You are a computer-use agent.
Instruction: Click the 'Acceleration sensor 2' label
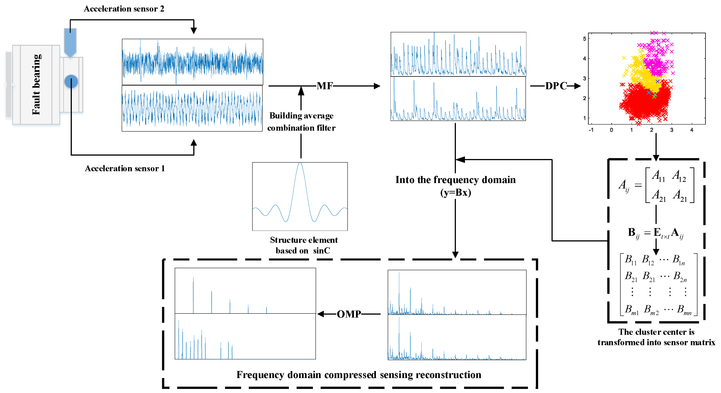pyautogui.click(x=124, y=9)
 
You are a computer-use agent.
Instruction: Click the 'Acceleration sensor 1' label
pyautogui.click(x=125, y=168)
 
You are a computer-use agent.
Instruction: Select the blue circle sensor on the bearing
pyautogui.click(x=71, y=81)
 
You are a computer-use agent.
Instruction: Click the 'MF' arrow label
pyautogui.click(x=325, y=86)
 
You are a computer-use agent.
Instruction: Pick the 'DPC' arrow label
pyautogui.click(x=556, y=86)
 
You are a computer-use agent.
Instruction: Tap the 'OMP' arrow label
pyautogui.click(x=349, y=314)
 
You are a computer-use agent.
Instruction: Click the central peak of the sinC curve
pyautogui.click(x=300, y=164)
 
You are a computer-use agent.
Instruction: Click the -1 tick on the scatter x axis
pyautogui.click(x=591, y=130)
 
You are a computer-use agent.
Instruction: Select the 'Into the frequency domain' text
pyautogui.click(x=455, y=180)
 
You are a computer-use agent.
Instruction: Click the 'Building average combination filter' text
pyautogui.click(x=301, y=122)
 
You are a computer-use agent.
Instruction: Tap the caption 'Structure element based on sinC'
pyautogui.click(x=303, y=245)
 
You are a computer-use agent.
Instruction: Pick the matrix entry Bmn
pyautogui.click(x=684, y=310)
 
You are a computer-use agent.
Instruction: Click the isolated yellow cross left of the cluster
pyautogui.click(x=624, y=58)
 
